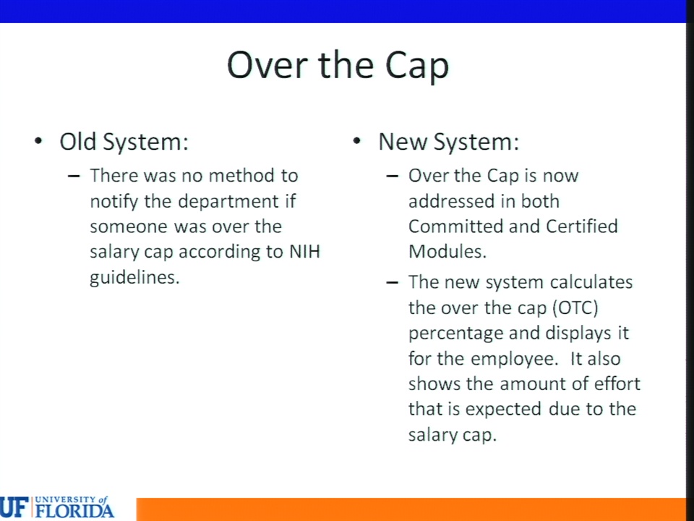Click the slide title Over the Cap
click(338, 66)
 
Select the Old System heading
click(124, 143)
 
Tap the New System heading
click(448, 143)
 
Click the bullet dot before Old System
click(38, 141)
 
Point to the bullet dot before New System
click(356, 141)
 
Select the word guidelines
click(134, 278)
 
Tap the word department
click(228, 202)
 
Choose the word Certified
click(581, 226)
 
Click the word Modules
click(447, 252)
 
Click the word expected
click(503, 410)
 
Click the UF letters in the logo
click(14, 508)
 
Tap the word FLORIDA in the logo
click(74, 511)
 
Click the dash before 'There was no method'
click(74, 176)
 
